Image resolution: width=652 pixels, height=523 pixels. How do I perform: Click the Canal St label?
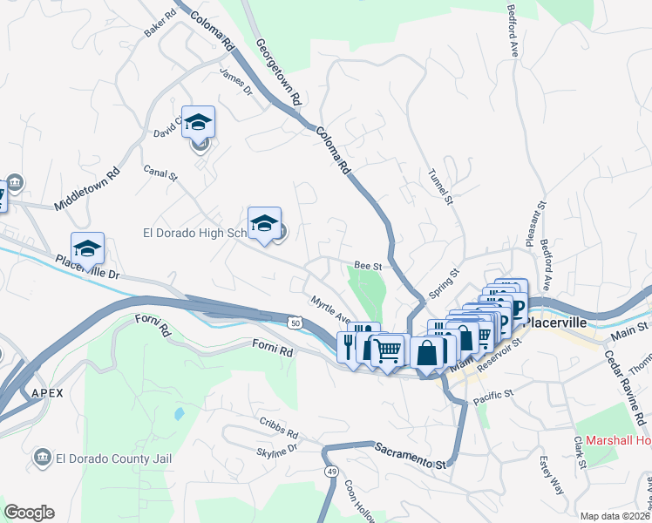pos(160,174)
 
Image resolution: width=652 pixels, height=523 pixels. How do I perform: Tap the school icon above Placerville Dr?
pos(87,248)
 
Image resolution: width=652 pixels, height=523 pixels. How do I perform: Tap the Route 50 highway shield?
pos(295,323)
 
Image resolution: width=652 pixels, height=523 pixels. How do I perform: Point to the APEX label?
pos(47,393)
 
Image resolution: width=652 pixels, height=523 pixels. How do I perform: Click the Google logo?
pos(29,513)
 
